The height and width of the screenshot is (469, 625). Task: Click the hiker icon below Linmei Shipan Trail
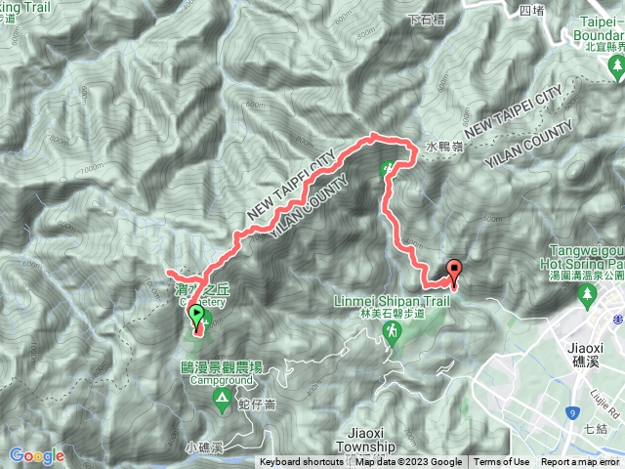(392, 335)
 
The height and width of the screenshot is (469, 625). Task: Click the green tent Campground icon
(224, 398)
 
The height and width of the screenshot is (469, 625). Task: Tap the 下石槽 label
(427, 19)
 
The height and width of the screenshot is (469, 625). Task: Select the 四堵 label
(531, 11)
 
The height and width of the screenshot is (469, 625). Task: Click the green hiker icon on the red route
(388, 170)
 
